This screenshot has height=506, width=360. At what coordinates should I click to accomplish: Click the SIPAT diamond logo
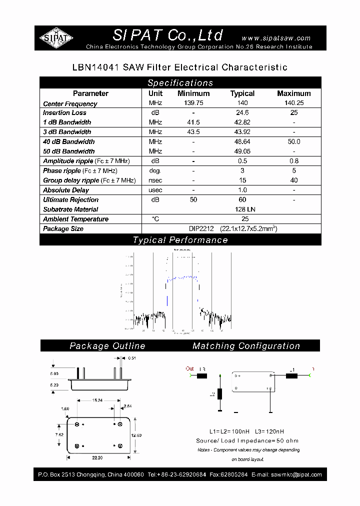click(x=56, y=38)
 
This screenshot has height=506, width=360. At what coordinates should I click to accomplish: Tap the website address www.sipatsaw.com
click(x=275, y=38)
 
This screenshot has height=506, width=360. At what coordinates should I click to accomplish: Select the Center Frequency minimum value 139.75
click(x=193, y=103)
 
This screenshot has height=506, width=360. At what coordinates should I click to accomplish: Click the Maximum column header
click(x=293, y=93)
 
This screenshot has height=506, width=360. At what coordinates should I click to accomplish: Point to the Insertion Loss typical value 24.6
click(x=242, y=113)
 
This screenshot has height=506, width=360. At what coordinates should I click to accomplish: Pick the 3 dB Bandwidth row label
click(x=67, y=132)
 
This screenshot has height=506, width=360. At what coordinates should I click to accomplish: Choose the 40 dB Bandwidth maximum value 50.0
click(x=293, y=142)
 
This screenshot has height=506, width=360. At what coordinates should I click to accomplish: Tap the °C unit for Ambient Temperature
click(x=155, y=219)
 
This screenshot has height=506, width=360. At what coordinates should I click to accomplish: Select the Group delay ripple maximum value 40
click(x=293, y=180)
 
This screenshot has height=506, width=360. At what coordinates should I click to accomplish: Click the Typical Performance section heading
click(x=180, y=240)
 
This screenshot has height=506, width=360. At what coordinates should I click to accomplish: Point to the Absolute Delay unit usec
click(x=155, y=190)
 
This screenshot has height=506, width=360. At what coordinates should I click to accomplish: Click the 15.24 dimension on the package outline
click(x=97, y=400)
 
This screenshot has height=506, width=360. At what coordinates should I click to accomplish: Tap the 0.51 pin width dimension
click(x=132, y=358)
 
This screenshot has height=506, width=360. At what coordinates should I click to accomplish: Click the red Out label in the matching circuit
click(x=189, y=369)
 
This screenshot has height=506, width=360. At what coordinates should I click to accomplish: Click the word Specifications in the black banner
click(x=180, y=83)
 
